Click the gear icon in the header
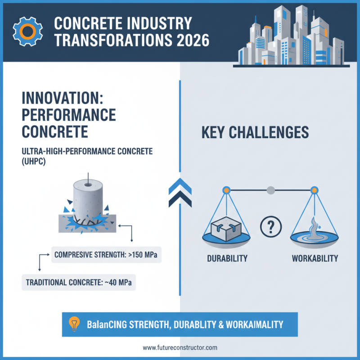(x=26, y=30)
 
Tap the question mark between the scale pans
(x=271, y=226)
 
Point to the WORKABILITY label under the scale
(x=315, y=259)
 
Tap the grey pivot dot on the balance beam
(x=270, y=190)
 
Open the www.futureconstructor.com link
(x=180, y=348)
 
